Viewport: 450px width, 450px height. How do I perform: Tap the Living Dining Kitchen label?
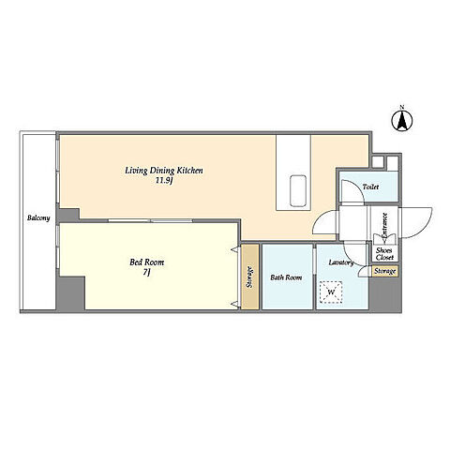164,171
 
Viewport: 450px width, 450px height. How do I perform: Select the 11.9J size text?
164,181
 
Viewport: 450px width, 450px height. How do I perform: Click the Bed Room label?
147,262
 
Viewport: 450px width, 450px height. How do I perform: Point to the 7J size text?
147,273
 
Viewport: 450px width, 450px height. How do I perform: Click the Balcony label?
38,217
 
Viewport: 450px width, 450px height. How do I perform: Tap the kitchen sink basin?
298,190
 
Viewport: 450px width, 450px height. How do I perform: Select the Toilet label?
370,187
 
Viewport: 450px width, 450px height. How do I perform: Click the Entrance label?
384,224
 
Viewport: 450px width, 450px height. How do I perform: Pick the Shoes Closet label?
384,254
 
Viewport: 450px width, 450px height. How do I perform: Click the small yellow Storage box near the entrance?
385,271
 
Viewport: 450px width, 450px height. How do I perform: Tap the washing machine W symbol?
331,292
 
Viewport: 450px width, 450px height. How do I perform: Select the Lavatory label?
341,262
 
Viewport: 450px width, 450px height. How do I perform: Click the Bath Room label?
286,277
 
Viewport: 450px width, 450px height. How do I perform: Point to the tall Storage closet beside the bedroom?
250,277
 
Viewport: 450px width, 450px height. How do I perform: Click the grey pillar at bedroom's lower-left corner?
70,293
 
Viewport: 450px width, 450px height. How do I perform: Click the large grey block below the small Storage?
385,293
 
